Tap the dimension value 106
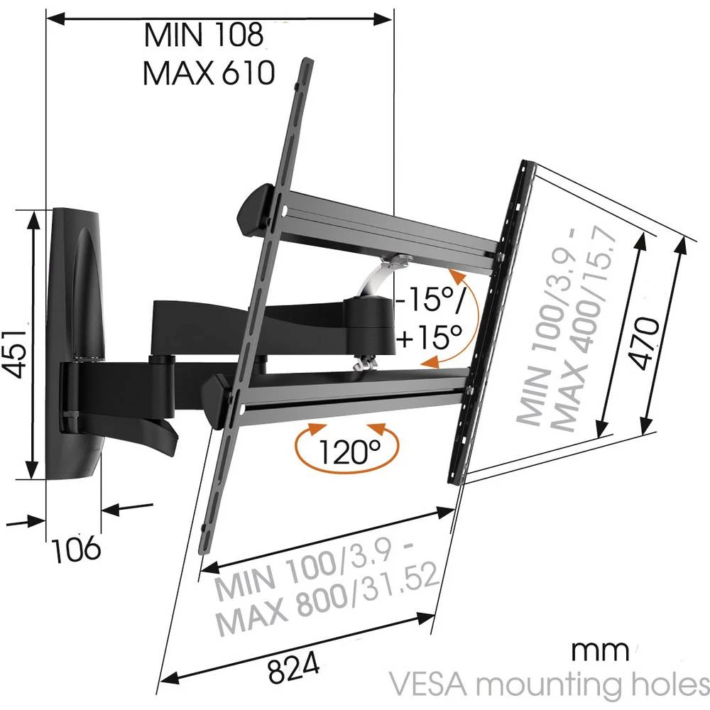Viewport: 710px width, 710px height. point(76,548)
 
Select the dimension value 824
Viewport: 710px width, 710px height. point(294,667)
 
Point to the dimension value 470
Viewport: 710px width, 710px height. point(645,343)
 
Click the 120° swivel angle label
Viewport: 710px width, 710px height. point(349,450)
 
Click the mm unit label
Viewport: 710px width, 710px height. point(599,649)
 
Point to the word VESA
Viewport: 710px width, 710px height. point(427,685)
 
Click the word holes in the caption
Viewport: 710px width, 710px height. point(668,685)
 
